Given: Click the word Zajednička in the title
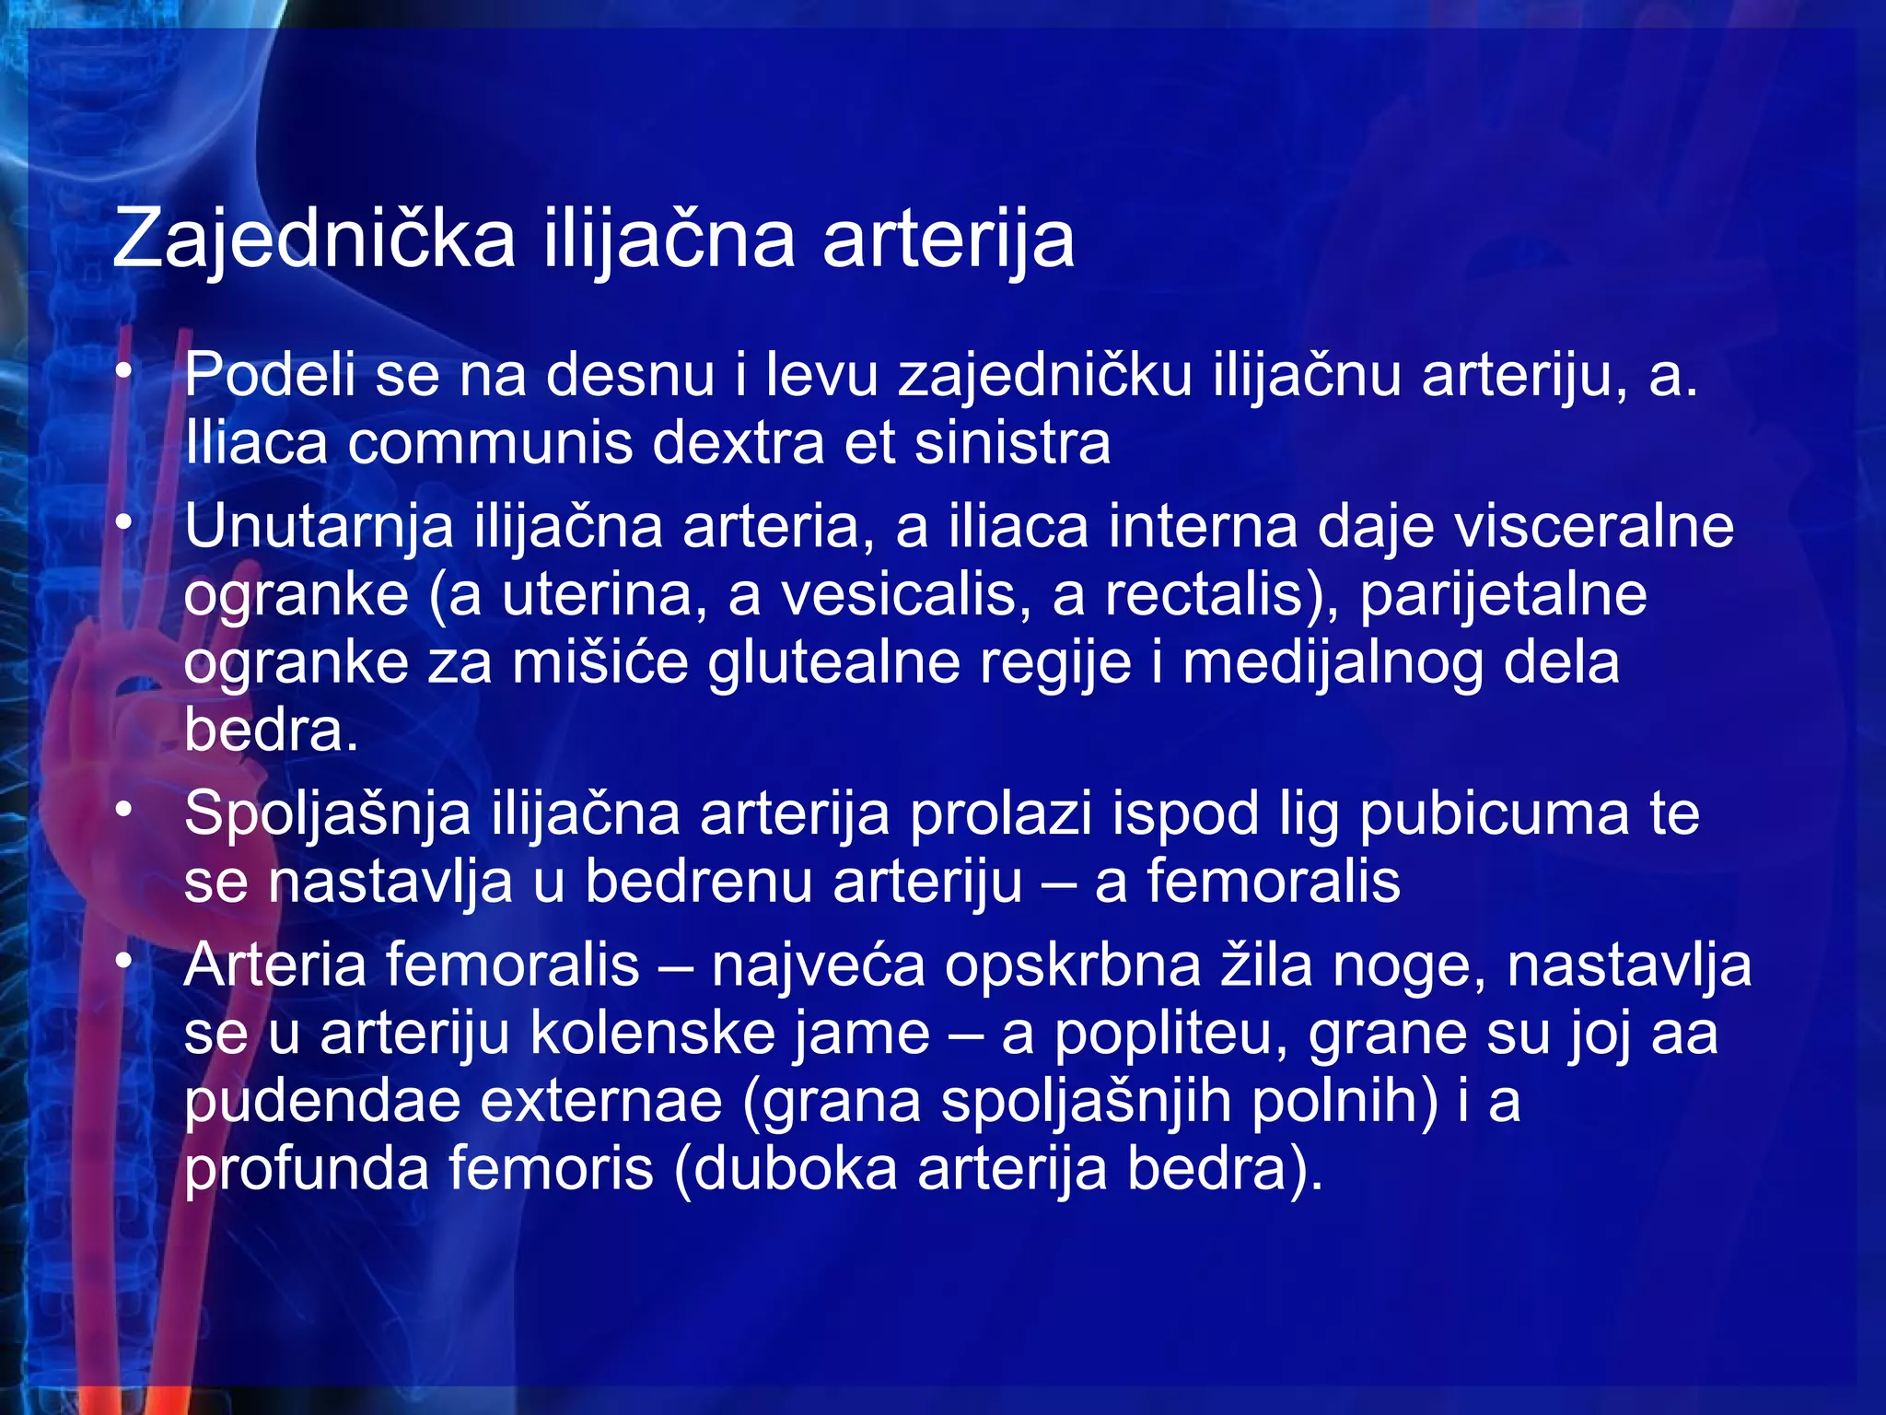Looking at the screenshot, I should [x=313, y=240].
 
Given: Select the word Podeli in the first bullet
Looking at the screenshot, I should [x=270, y=376].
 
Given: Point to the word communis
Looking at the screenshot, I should [x=491, y=444].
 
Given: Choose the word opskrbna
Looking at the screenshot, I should [x=1073, y=967].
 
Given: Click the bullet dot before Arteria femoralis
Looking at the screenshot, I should [x=124, y=961].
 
